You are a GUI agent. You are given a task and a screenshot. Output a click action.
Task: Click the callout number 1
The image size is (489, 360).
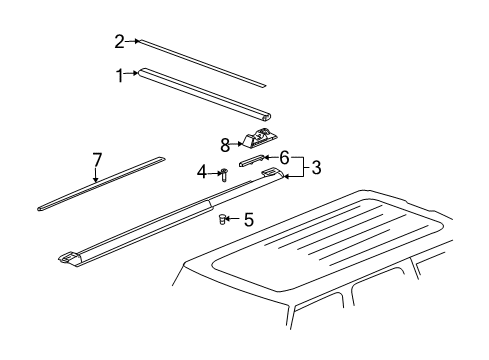click(120, 74)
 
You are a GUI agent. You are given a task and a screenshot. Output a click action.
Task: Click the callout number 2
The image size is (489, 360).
click(119, 41)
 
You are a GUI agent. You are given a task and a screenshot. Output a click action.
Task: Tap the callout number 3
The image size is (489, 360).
click(316, 167)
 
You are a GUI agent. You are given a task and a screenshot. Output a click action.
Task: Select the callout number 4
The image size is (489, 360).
click(202, 172)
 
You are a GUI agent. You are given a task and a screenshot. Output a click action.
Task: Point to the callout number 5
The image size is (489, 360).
click(249, 219)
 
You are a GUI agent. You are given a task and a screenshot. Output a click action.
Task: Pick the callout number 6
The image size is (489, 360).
click(284, 157)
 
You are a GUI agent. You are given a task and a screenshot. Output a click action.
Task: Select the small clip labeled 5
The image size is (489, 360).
click(224, 220)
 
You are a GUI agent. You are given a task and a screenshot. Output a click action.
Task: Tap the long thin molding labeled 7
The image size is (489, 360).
click(100, 184)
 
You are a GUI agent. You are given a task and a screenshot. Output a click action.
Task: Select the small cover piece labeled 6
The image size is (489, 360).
click(252, 158)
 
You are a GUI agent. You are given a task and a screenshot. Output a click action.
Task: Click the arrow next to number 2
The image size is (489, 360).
click(133, 41)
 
